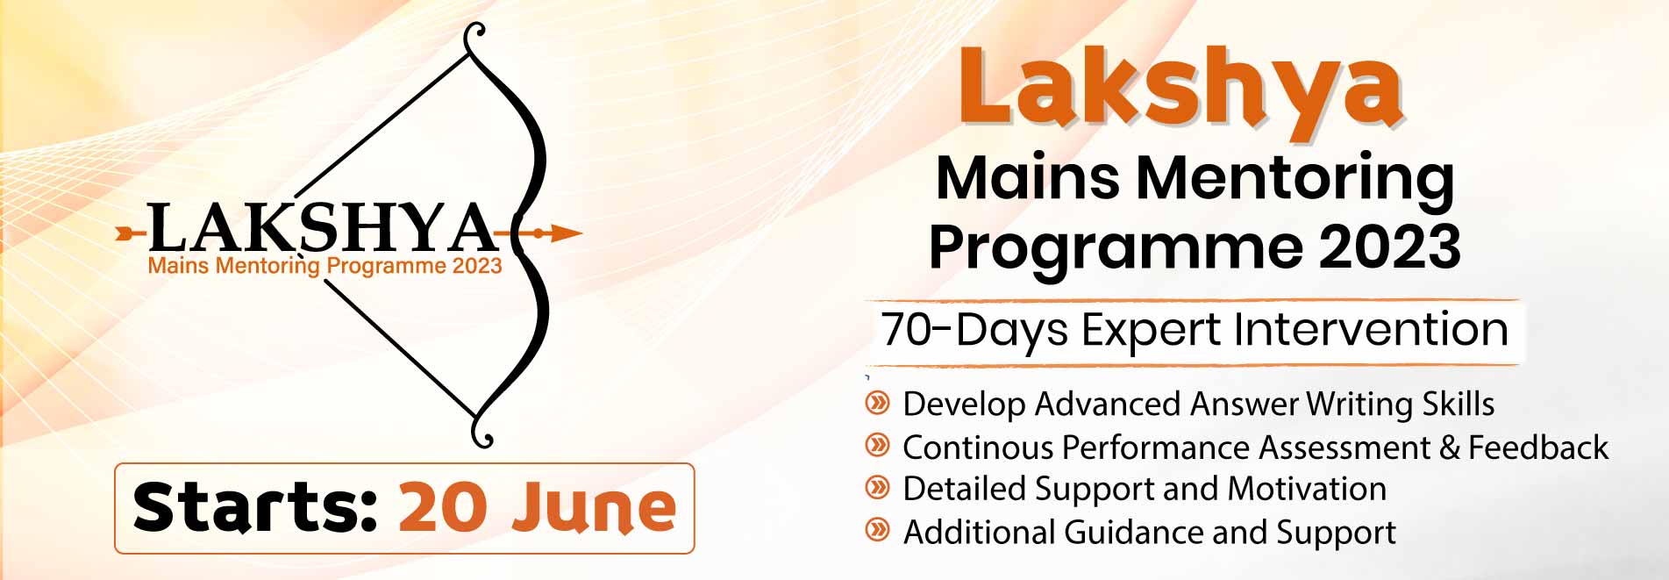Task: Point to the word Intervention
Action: tap(1371, 329)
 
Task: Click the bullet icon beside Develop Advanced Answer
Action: tap(877, 404)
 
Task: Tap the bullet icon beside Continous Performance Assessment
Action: tap(877, 446)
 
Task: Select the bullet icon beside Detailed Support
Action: tap(877, 488)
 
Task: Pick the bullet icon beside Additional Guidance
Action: tap(877, 531)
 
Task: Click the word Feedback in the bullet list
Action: tap(1538, 448)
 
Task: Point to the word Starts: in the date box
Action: tap(255, 507)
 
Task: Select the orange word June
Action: tap(595, 509)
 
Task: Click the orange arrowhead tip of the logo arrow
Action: tap(581, 233)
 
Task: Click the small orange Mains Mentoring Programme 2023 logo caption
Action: tap(325, 266)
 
